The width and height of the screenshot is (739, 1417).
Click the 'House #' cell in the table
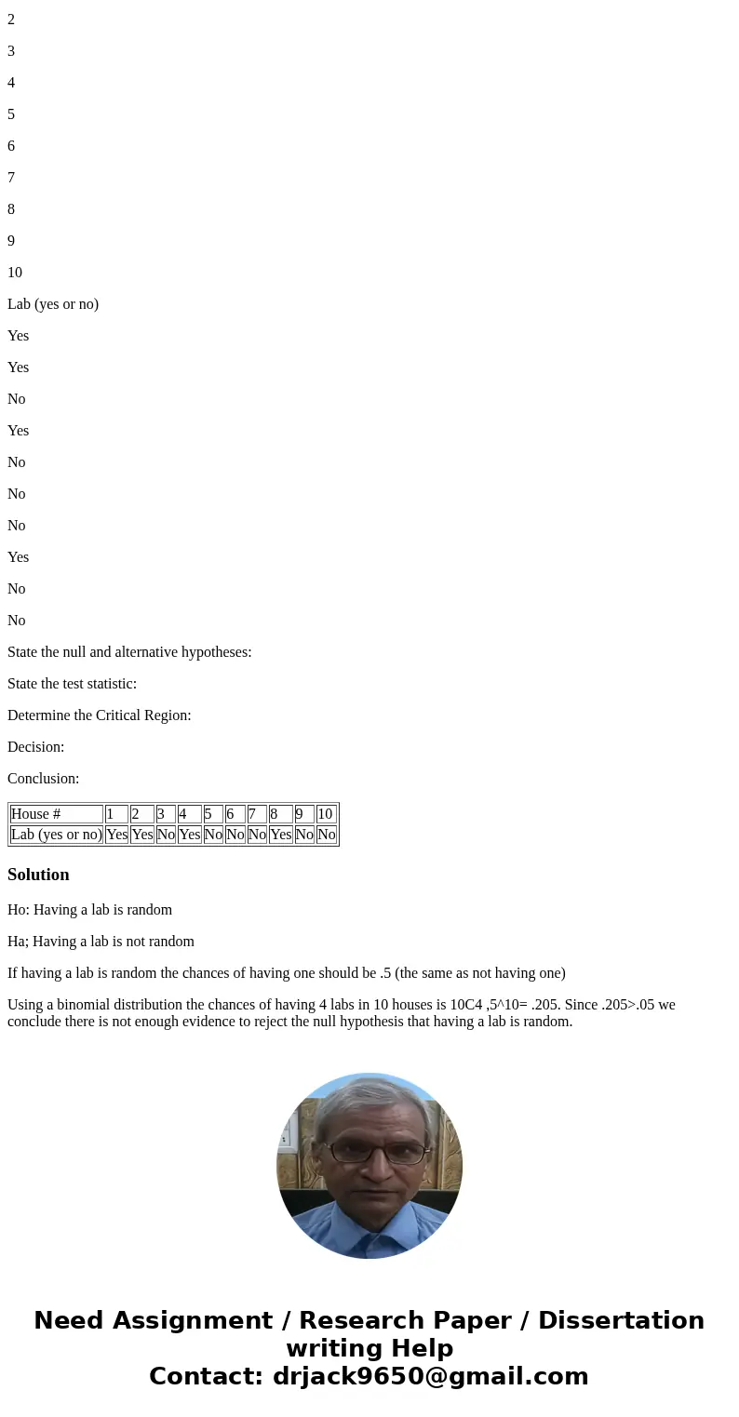pos(56,814)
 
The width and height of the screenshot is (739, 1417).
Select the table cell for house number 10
pos(326,814)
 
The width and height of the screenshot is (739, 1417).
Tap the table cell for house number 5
pos(212,814)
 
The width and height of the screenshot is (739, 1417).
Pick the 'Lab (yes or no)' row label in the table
pos(56,835)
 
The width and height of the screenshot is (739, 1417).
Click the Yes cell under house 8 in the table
pos(280,835)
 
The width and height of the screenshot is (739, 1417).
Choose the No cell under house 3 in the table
pos(166,835)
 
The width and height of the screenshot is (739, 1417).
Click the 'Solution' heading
pos(38,875)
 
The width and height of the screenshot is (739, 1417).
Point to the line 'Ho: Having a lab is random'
pos(89,910)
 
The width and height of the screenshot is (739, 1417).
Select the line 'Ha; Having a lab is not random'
pos(101,942)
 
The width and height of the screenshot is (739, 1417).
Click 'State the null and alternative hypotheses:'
pos(129,652)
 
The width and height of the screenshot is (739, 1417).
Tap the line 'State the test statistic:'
pos(72,684)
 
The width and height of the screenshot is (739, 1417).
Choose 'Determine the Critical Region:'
pos(99,715)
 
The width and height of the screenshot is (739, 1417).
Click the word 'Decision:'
pos(35,747)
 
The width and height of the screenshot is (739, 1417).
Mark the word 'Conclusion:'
pos(43,779)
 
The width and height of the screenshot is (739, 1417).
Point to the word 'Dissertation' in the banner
pos(621,1320)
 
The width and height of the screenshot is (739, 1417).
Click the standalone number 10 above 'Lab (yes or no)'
pos(15,273)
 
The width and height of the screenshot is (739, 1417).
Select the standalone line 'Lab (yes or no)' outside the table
pos(53,304)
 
